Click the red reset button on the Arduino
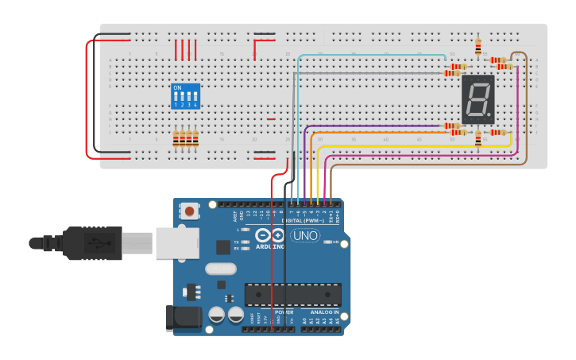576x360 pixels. [x=191, y=211]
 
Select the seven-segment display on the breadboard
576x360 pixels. [x=477, y=100]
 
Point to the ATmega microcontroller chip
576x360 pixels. [x=292, y=295]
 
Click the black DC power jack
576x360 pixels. [x=181, y=318]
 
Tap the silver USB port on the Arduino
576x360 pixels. [x=177, y=242]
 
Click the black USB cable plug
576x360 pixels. [x=95, y=243]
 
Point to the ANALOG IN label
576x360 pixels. [x=324, y=312]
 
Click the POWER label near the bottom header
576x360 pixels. [x=284, y=312]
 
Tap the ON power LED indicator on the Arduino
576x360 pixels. [x=327, y=242]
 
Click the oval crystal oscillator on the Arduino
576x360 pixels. [x=220, y=269]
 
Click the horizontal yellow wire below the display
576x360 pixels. [x=397, y=147]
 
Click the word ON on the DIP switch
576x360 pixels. [x=176, y=87]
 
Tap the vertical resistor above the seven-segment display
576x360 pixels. [x=477, y=47]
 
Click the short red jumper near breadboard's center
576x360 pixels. [x=271, y=119]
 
